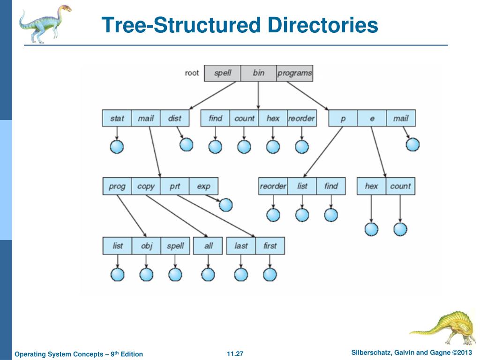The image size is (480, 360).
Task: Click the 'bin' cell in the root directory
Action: click(258, 73)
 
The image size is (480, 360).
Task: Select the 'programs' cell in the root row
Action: click(294, 73)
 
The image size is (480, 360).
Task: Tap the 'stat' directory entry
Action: click(117, 118)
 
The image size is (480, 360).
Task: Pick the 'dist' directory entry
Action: click(174, 118)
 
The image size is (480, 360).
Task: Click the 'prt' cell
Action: click(174, 186)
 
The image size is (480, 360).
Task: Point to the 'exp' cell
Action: click(203, 186)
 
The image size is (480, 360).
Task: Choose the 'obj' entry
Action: click(146, 246)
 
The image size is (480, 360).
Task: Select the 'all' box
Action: click(208, 246)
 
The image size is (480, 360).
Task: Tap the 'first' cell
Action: click(270, 246)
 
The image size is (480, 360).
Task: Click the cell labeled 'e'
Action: click(372, 118)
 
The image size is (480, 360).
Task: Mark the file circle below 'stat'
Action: click(117, 147)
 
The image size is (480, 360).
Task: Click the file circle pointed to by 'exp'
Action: click(226, 205)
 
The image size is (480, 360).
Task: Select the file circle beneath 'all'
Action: click(208, 275)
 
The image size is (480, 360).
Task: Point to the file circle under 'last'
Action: click(241, 275)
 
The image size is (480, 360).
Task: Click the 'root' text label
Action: click(192, 73)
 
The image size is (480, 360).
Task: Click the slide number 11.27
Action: click(235, 354)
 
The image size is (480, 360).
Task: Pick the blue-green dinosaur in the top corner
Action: click(45, 23)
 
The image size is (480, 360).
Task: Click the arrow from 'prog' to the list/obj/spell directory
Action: click(132, 216)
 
